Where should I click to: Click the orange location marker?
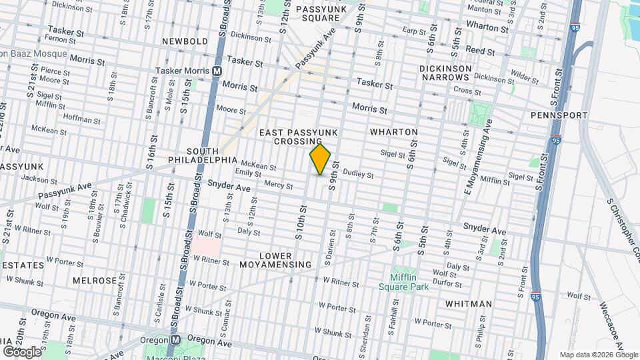(x=320, y=159)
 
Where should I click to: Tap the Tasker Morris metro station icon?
(x=217, y=71)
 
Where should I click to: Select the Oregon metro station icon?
(x=175, y=339)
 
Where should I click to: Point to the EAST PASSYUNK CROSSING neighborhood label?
(x=298, y=137)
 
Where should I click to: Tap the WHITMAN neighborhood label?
(x=468, y=304)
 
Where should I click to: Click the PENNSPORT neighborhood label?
(x=559, y=115)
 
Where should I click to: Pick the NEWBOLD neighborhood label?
(x=185, y=41)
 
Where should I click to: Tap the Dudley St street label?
(x=358, y=175)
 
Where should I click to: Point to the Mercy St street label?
(x=279, y=185)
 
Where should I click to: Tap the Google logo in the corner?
(x=22, y=351)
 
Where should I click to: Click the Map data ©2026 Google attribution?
(x=599, y=355)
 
